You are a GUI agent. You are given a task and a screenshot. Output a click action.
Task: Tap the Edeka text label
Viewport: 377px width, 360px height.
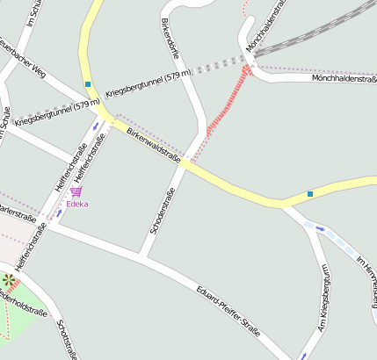coord(77,204)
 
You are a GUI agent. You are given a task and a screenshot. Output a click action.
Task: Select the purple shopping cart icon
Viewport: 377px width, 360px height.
coord(76,191)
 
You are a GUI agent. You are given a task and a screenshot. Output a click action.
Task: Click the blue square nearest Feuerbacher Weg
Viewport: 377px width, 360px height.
coord(88,84)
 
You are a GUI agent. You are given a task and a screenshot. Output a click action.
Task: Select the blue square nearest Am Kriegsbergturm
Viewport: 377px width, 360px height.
coord(310,193)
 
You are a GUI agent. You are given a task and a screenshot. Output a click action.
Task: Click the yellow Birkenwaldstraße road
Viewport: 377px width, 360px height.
coord(237,188)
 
